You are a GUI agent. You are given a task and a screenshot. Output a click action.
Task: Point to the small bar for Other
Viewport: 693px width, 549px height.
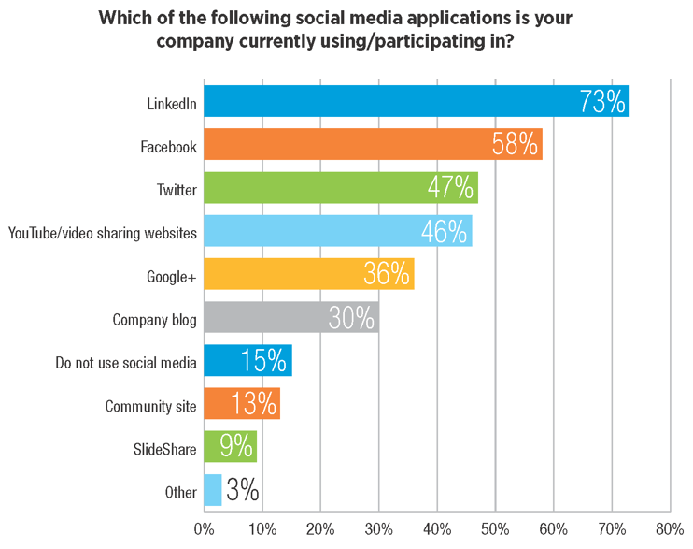213,490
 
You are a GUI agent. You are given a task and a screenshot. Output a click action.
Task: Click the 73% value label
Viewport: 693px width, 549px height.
601,101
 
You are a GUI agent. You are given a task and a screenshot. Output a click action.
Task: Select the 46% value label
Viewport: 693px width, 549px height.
445,231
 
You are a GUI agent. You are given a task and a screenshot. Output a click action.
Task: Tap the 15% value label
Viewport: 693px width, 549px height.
266,361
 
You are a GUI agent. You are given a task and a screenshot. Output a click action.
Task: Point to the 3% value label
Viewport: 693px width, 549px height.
242,491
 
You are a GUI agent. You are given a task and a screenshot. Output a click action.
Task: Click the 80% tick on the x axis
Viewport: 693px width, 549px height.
670,530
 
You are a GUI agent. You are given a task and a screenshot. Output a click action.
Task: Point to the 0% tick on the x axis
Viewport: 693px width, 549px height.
204,530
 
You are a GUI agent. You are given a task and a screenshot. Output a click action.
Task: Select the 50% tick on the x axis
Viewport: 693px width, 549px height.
495,530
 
